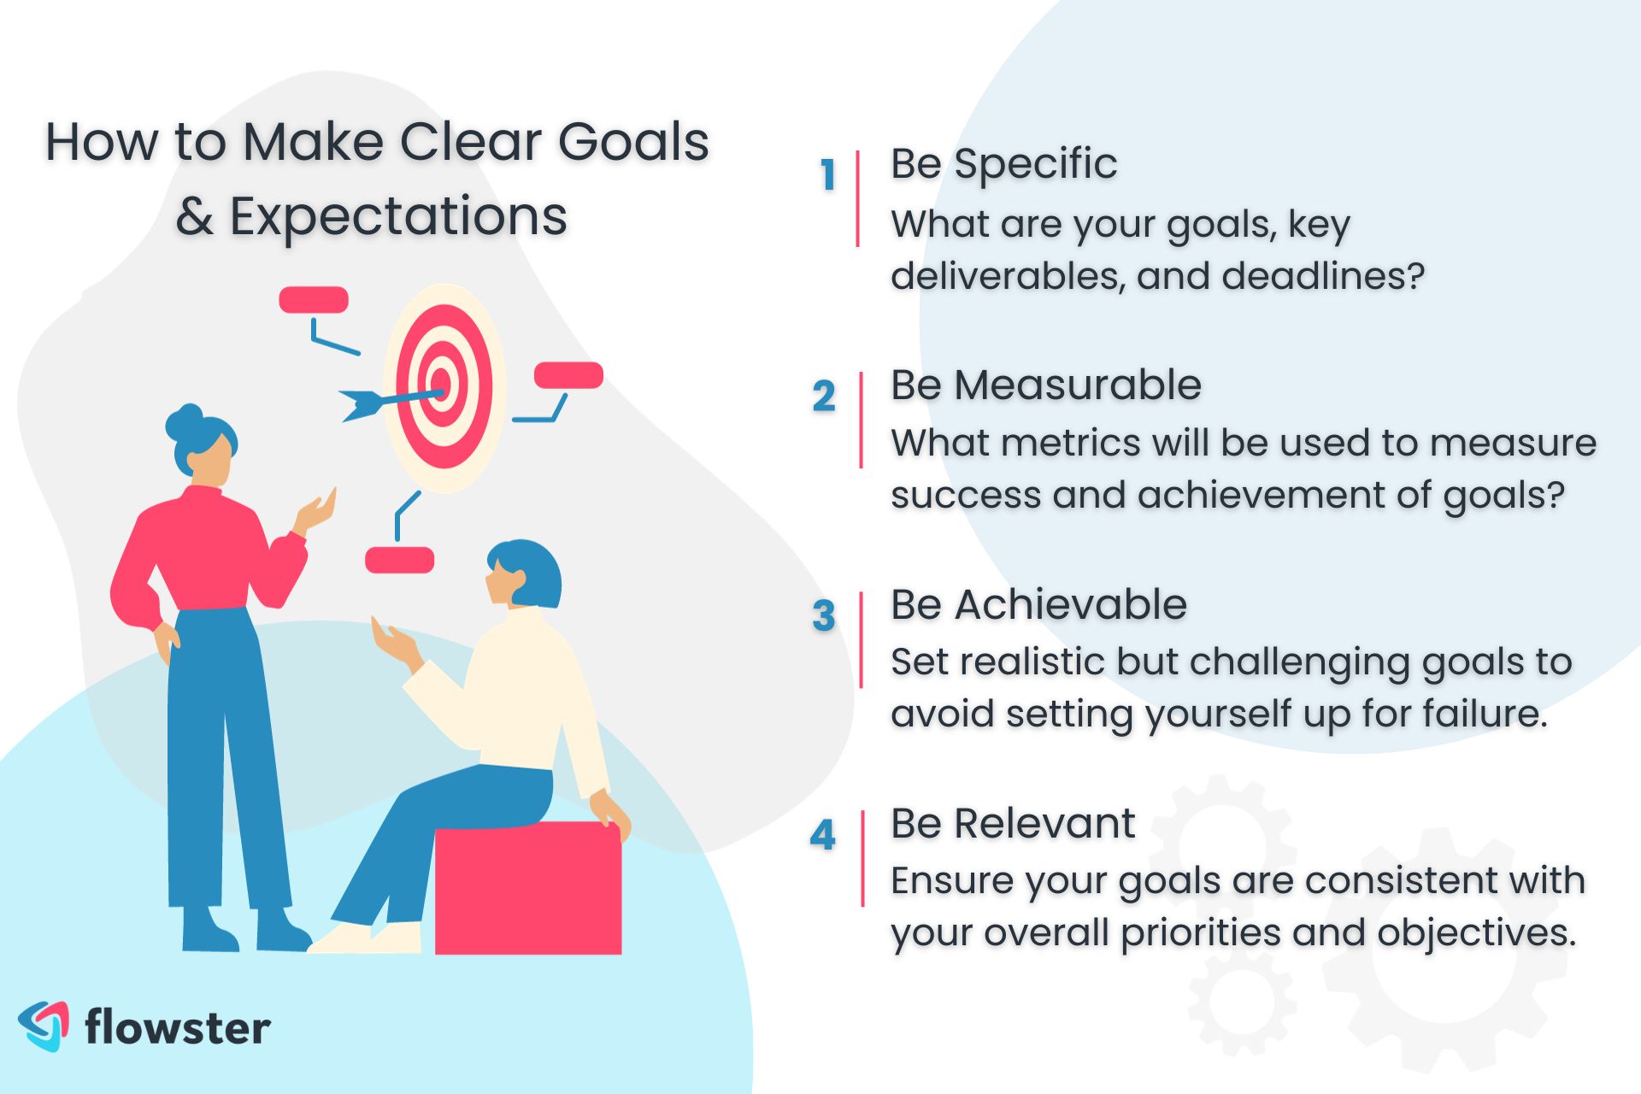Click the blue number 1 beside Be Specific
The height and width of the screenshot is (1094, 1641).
(827, 175)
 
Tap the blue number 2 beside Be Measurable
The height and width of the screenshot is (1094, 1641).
(824, 396)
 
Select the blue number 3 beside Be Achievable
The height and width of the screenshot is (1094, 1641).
(824, 615)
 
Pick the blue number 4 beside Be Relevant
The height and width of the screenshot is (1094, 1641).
(823, 834)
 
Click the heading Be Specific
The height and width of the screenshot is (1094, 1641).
(1003, 164)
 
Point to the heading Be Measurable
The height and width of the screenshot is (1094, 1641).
(1046, 385)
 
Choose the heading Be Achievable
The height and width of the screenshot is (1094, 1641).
(1038, 604)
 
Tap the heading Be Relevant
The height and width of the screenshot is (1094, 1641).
(1013, 823)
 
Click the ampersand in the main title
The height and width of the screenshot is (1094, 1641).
(194, 216)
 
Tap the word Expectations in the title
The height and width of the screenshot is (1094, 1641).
(398, 217)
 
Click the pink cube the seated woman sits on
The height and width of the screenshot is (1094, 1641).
(528, 888)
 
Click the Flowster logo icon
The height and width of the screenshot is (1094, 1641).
(44, 1026)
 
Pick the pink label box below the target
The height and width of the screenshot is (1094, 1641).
(399, 561)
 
